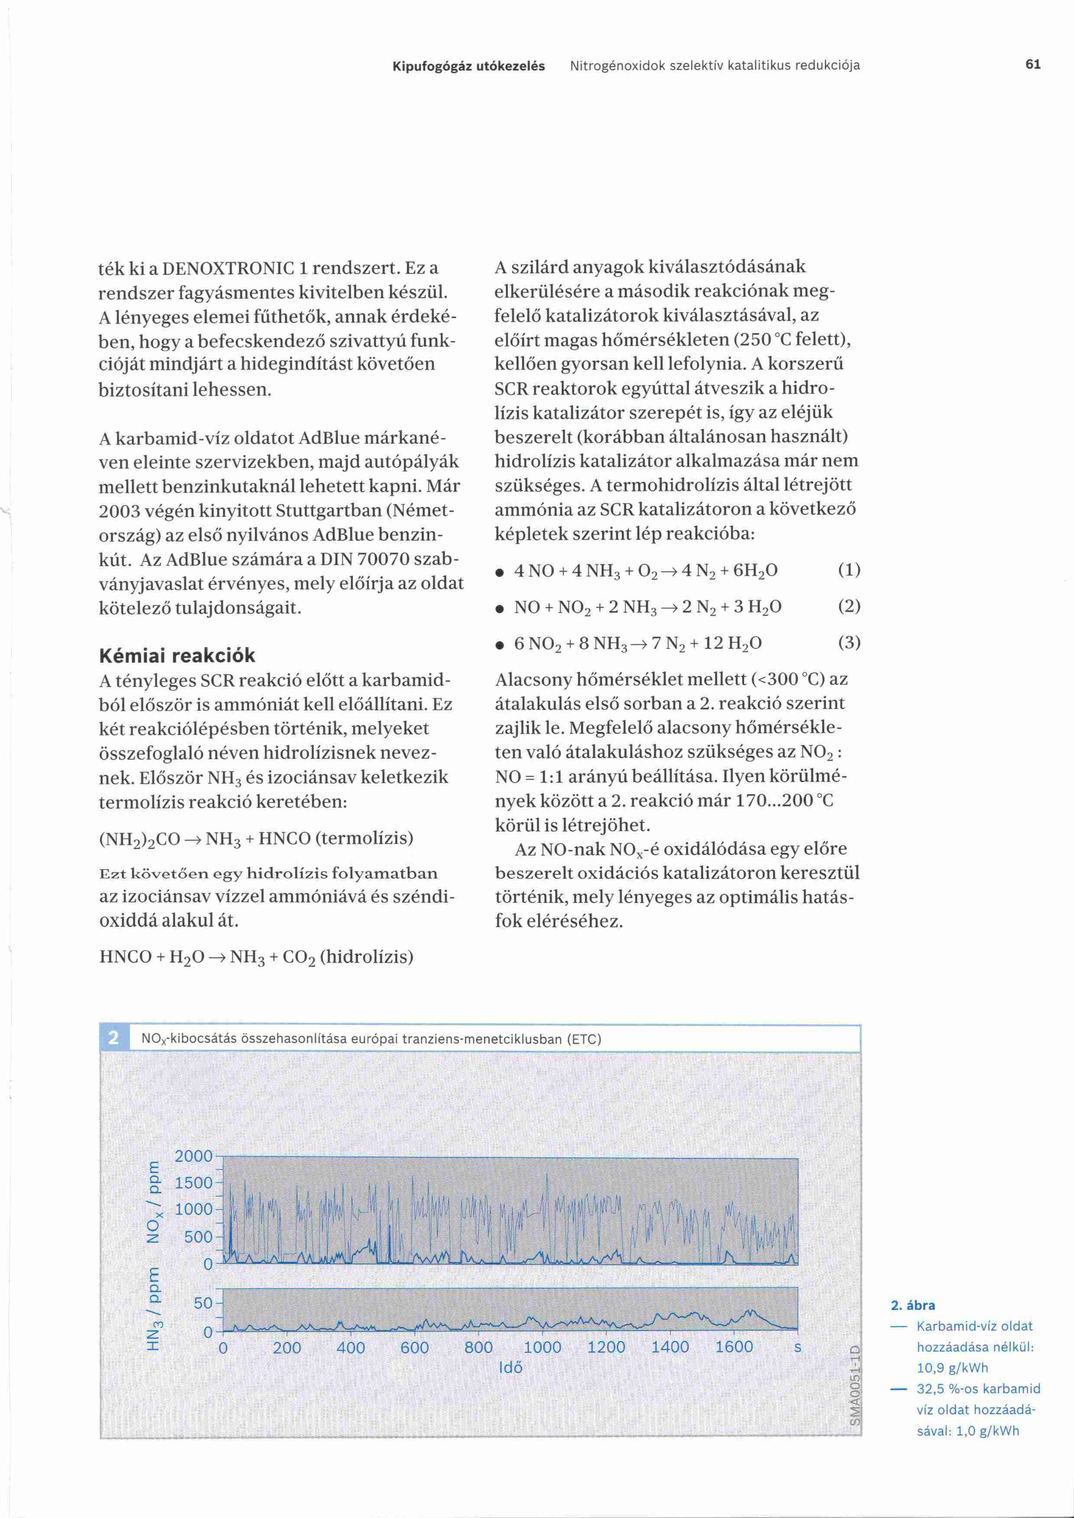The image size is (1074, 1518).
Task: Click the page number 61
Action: [x=1033, y=65]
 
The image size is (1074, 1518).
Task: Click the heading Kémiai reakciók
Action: [x=177, y=655]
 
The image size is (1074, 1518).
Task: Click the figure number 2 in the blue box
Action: [x=113, y=1038]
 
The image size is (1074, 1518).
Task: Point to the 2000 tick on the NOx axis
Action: [x=193, y=1156]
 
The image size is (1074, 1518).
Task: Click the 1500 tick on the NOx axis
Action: [x=193, y=1183]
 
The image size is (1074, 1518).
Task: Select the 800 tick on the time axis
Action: [x=478, y=1347]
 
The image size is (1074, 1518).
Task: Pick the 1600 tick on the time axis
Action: [x=734, y=1347]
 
